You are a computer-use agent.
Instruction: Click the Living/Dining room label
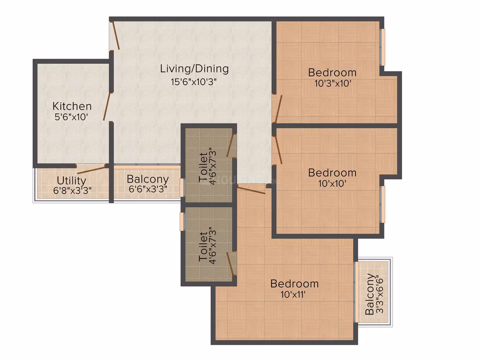point(194,69)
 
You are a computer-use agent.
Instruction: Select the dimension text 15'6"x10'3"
point(194,82)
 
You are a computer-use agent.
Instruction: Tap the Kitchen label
point(72,106)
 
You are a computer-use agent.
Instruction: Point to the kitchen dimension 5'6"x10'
point(71,117)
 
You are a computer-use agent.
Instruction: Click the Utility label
point(71,180)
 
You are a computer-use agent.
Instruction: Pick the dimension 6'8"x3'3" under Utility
point(72,190)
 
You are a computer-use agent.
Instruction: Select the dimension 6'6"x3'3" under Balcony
point(148,189)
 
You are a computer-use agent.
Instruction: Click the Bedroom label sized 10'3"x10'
point(332,72)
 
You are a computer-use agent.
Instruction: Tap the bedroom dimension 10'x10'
point(332,183)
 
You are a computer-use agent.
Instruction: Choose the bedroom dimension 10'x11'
point(293,295)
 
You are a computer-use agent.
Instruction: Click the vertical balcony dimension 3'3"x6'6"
point(379,295)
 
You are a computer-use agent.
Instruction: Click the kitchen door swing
point(107,106)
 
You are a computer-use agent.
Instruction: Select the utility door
point(91,170)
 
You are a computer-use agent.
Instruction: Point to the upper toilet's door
point(230,145)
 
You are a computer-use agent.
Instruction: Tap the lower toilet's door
point(230,264)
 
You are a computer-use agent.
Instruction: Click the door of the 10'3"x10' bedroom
point(278,109)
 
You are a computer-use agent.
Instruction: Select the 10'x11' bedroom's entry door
point(251,190)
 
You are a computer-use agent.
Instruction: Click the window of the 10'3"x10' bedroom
point(383,47)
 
